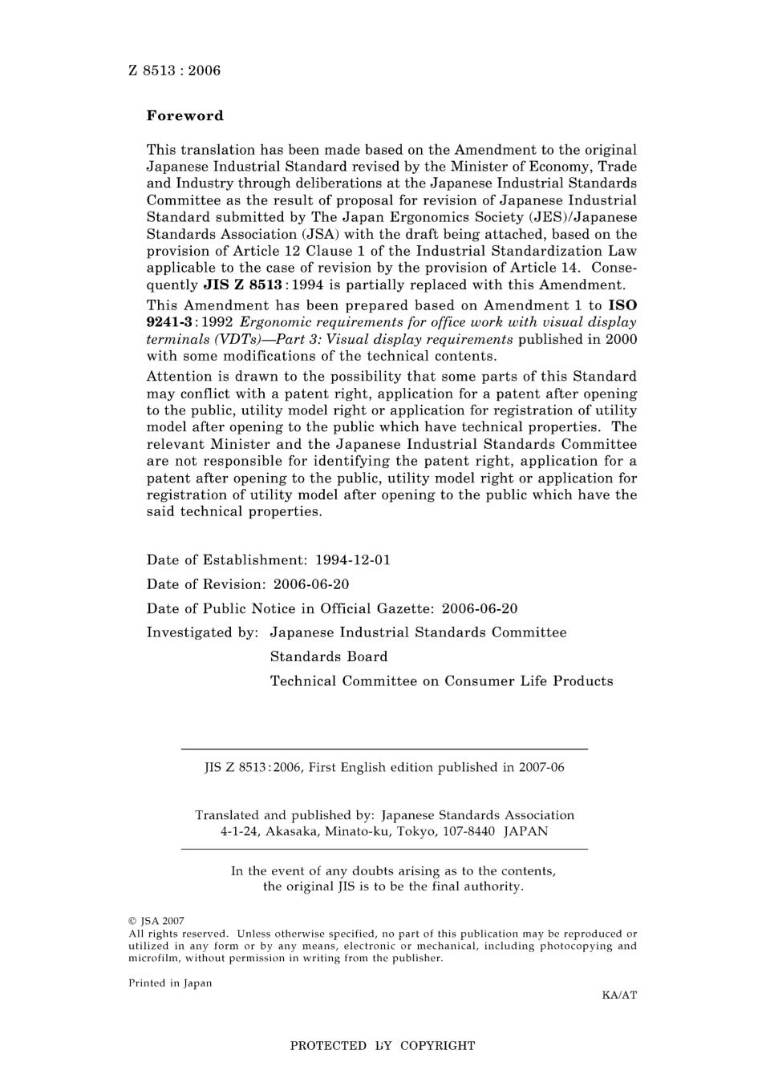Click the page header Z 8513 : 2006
[174, 71]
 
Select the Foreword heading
[184, 115]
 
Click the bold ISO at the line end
[622, 305]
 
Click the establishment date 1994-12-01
[353, 560]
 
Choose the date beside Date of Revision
[311, 584]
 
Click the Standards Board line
[328, 656]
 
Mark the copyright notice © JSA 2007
[156, 922]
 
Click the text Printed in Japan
[170, 983]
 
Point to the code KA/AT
[618, 995]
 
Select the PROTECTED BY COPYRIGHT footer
[382, 1046]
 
